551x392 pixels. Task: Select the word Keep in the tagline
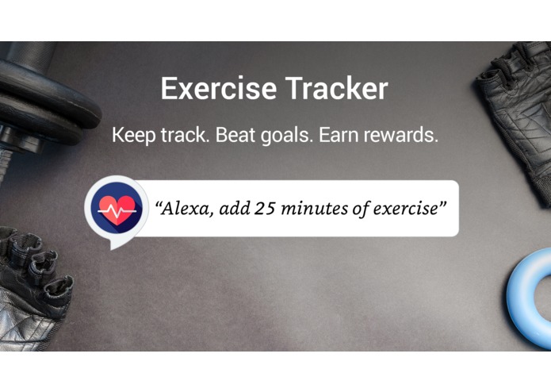pyautogui.click(x=132, y=135)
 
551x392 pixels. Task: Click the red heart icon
pyautogui.click(x=116, y=209)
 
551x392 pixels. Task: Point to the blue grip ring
pyautogui.click(x=530, y=286)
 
